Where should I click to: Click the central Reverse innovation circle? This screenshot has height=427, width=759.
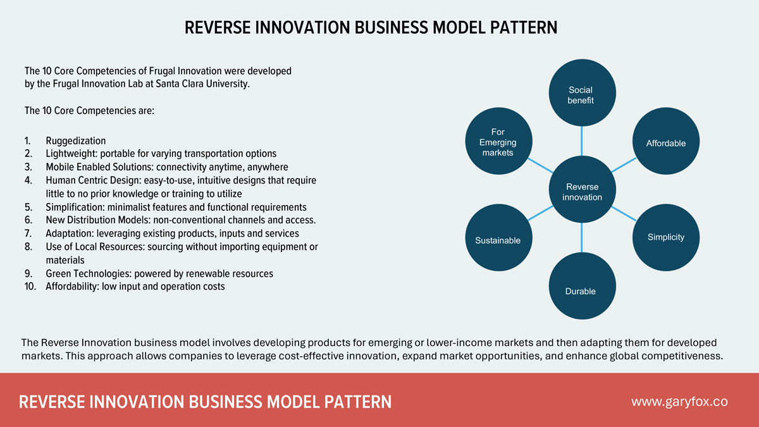(x=581, y=189)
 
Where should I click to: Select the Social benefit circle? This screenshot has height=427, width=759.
(x=581, y=94)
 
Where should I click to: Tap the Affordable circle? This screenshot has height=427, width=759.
(x=665, y=143)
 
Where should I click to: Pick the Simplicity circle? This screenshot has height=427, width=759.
(x=665, y=237)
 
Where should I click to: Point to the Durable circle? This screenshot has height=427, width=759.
(x=581, y=288)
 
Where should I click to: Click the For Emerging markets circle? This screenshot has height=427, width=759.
(x=498, y=142)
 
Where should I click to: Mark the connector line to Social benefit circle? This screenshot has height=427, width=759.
(x=581, y=140)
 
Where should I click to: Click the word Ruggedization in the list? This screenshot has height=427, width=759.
(x=75, y=140)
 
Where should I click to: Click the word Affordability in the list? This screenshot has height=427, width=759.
(x=72, y=287)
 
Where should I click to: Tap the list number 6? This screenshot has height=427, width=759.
(x=28, y=220)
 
